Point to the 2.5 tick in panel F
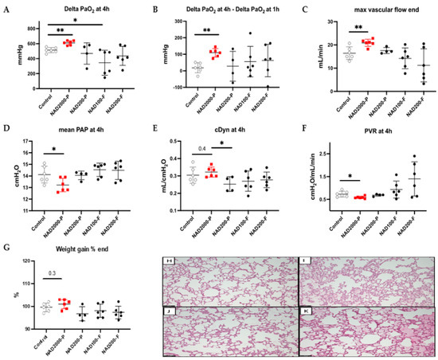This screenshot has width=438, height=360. (x=330, y=152)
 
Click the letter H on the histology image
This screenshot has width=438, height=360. (x=167, y=261)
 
